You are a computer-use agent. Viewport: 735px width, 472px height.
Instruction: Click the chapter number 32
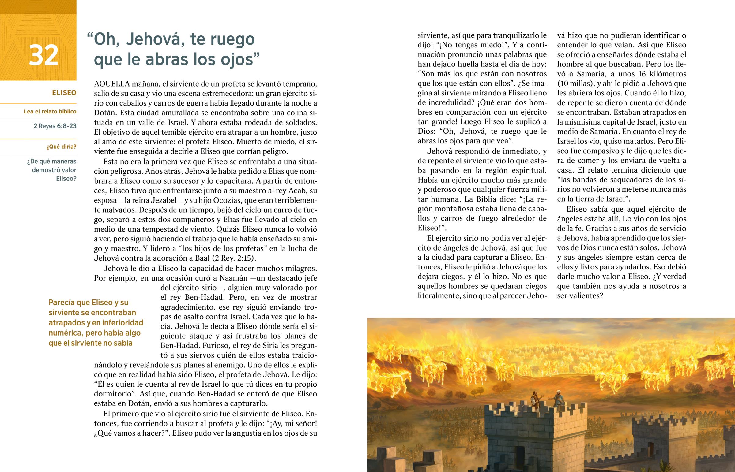pyautogui.click(x=43, y=55)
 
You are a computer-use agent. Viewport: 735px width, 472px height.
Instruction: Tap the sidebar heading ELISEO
pyautogui.click(x=64, y=93)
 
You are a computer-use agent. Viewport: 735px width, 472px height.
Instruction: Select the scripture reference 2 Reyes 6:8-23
pyautogui.click(x=55, y=126)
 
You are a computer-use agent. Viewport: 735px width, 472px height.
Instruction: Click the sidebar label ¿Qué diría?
pyautogui.click(x=61, y=147)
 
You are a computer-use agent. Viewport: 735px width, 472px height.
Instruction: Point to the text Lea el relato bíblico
pyautogui.click(x=50, y=112)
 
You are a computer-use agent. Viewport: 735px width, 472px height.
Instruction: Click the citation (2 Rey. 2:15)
pyautogui.click(x=234, y=258)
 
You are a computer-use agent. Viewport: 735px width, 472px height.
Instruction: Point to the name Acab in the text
pyautogui.click(x=298, y=191)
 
